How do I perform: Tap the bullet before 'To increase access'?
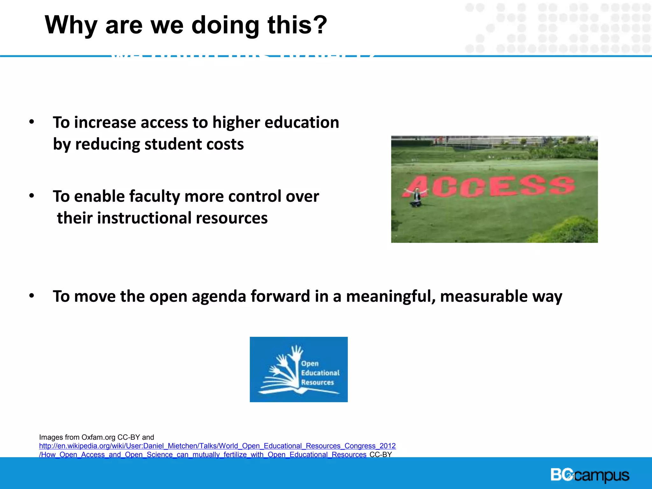tap(31, 122)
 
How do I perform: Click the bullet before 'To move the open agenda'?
tap(31, 296)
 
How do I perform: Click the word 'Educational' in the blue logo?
tap(320, 373)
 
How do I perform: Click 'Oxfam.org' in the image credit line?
tap(98, 437)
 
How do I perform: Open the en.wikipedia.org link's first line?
tap(217, 446)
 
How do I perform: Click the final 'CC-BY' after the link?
tap(380, 455)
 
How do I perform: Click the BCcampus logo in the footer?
tap(590, 475)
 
